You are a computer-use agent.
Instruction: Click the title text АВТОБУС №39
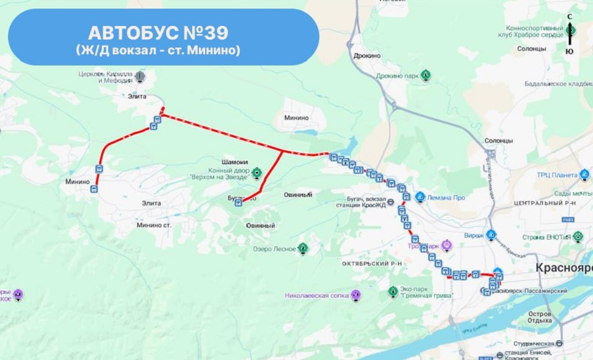click(163, 31)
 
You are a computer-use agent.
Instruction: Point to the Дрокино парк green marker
click(426, 76)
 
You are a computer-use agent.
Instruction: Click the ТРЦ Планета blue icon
click(584, 175)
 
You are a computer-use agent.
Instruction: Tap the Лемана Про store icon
click(420, 198)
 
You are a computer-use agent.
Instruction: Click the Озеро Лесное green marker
click(303, 249)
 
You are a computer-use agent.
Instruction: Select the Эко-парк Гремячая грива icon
click(392, 291)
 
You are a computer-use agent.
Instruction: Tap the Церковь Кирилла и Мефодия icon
click(140, 77)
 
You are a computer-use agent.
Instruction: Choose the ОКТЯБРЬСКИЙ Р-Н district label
click(372, 264)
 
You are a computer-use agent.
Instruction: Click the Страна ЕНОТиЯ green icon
click(578, 237)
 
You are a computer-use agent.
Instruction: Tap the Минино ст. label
click(154, 225)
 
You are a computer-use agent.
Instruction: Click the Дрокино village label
click(368, 56)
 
